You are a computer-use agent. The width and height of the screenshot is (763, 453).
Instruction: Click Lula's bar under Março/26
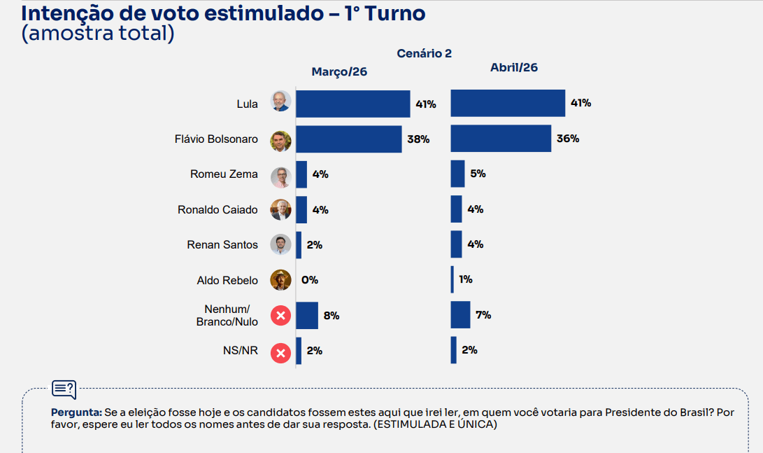(x=352, y=104)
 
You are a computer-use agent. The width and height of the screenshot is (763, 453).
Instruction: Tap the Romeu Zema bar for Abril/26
(x=457, y=174)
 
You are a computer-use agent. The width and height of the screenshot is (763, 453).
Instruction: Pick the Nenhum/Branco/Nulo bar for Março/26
(x=307, y=315)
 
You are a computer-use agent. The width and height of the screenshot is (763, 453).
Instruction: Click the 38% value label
(x=418, y=139)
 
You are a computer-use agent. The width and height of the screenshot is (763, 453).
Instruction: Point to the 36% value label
(x=568, y=138)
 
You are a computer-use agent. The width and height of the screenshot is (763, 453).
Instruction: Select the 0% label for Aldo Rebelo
(x=309, y=280)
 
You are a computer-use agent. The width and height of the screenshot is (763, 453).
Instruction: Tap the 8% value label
(x=331, y=316)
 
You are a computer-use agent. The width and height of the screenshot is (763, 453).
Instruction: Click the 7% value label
(x=483, y=315)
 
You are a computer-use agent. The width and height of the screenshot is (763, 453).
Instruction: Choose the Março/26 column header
(x=339, y=72)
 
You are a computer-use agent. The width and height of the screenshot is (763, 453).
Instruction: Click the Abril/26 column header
(x=514, y=67)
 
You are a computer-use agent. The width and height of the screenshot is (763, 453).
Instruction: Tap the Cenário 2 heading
(x=425, y=53)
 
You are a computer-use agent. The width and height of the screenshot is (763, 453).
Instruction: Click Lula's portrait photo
(x=280, y=102)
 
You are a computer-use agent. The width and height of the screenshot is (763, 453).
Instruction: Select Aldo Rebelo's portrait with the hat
(x=280, y=280)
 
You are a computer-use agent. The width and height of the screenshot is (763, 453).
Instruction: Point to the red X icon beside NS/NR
(x=280, y=352)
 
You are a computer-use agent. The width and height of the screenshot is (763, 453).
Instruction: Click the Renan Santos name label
(x=222, y=244)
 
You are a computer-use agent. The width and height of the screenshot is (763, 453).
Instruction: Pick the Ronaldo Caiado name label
(x=218, y=209)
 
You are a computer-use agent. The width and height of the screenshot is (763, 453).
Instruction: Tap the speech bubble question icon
(x=64, y=389)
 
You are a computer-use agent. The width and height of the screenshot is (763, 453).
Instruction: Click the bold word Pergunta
(x=76, y=412)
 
